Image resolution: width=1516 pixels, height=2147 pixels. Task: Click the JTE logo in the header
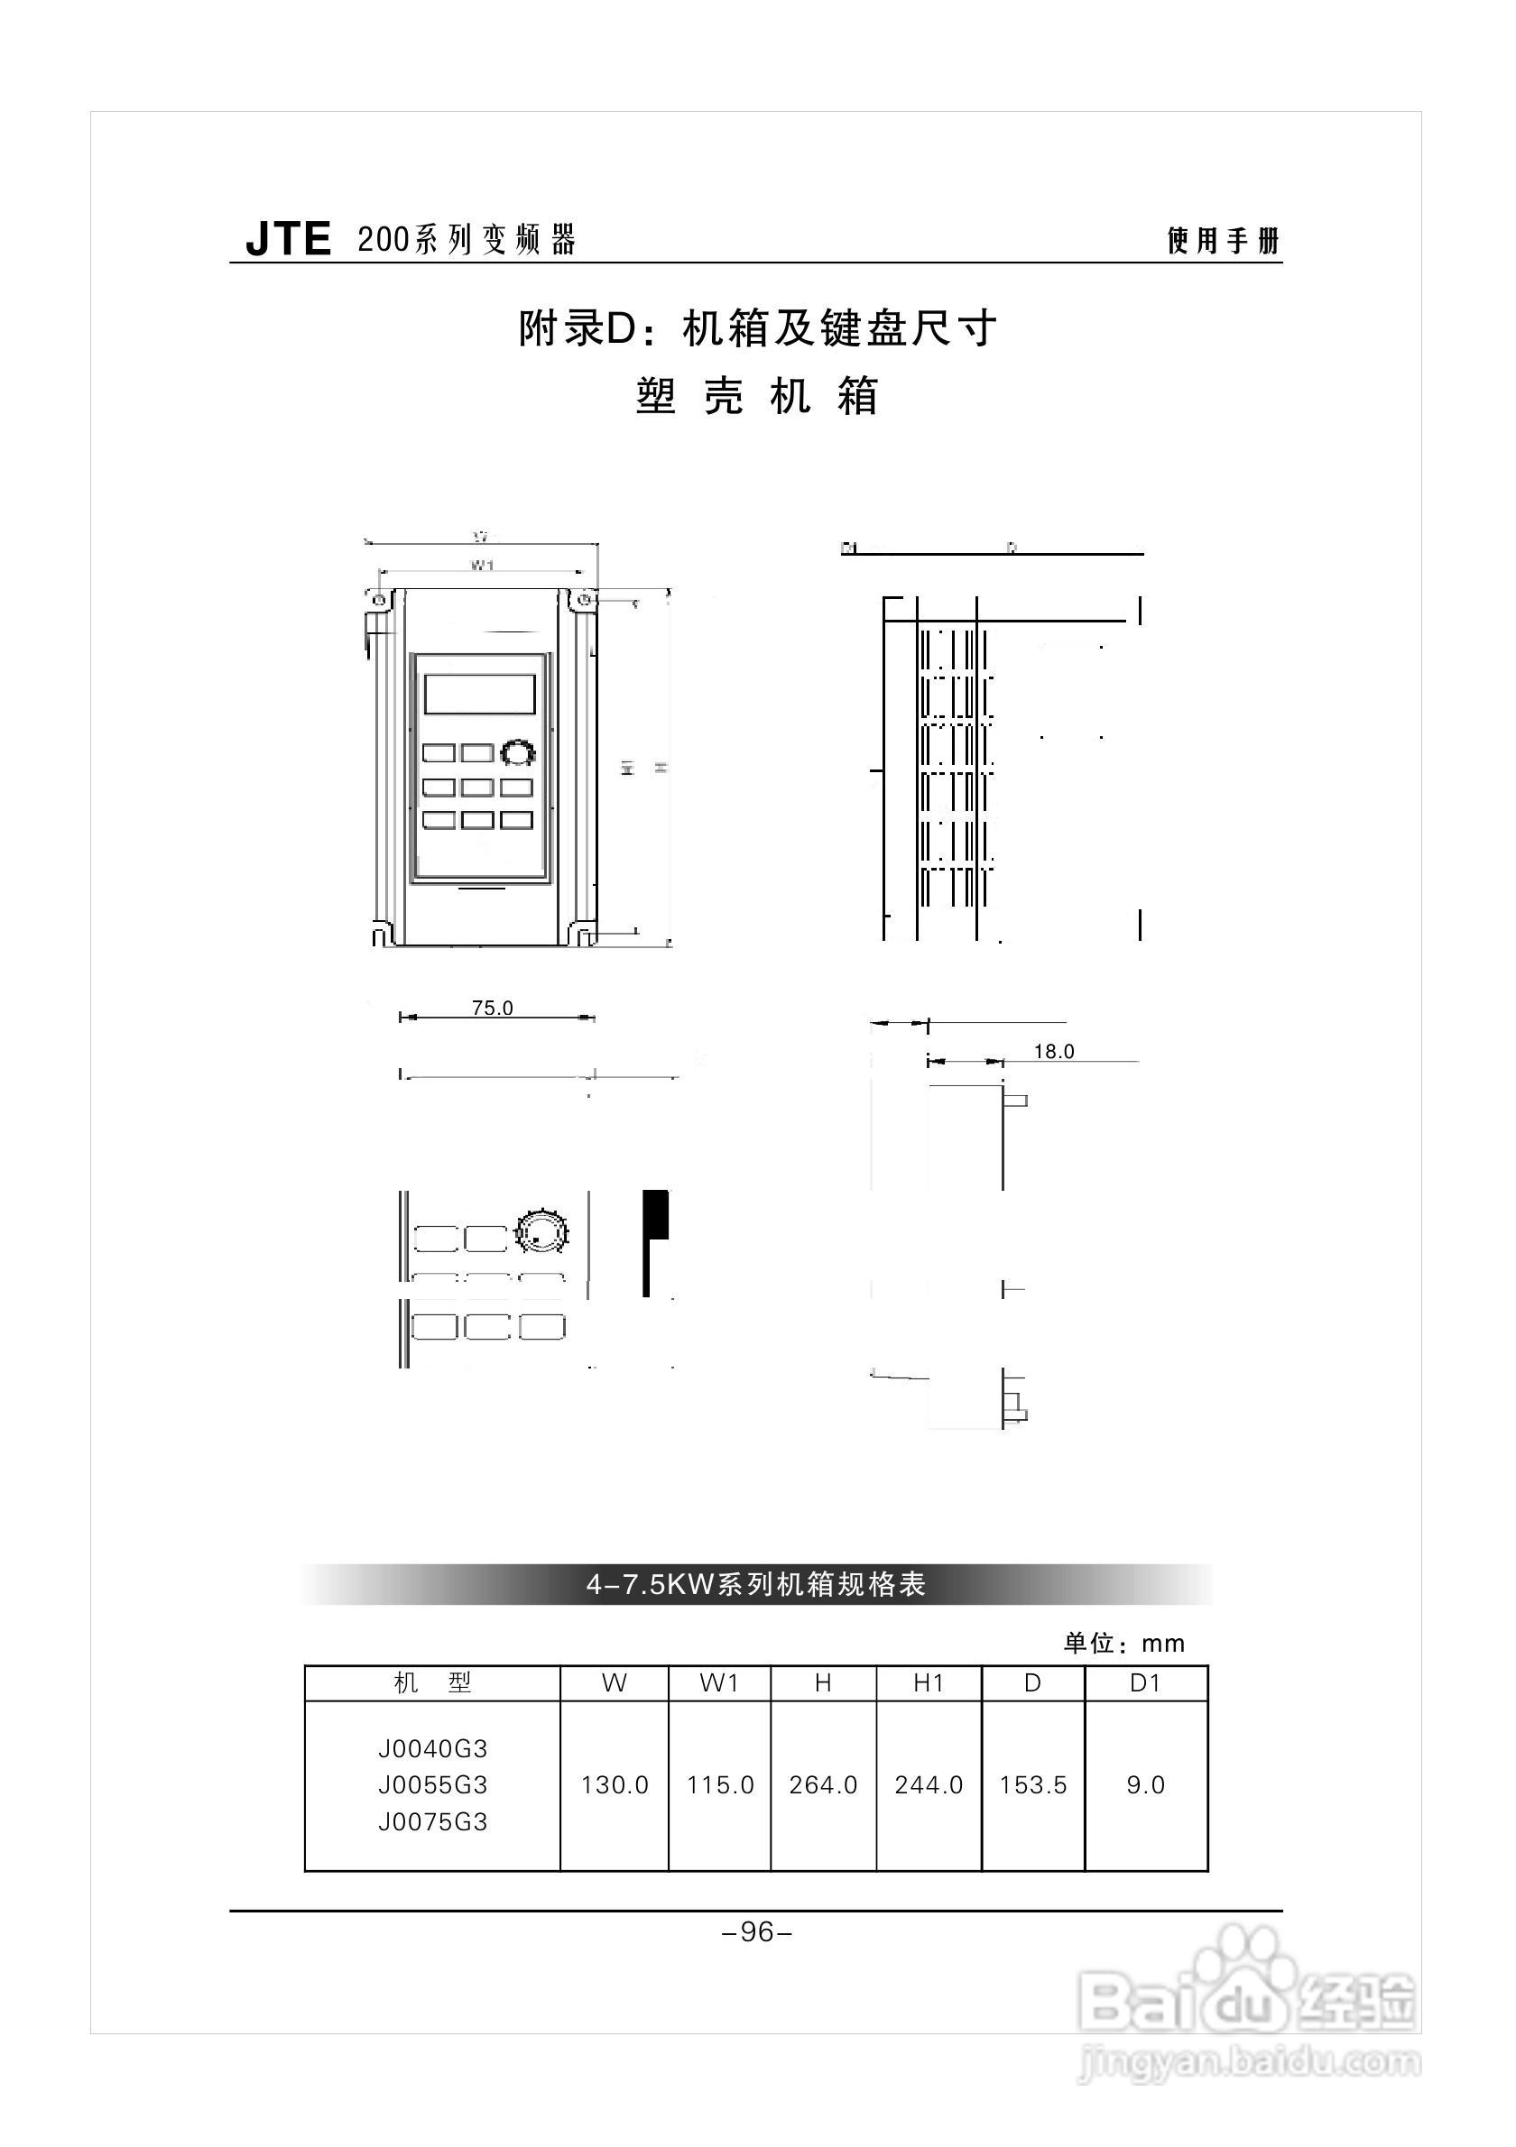pos(288,239)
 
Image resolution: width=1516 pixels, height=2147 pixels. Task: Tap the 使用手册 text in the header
pos(1223,241)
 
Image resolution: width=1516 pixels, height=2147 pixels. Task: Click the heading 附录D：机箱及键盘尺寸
pos(757,328)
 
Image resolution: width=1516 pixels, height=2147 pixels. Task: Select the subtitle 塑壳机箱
pos(757,395)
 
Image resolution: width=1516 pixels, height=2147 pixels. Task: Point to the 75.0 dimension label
pos(492,1008)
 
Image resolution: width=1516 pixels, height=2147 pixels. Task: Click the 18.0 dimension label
pos(1054,1052)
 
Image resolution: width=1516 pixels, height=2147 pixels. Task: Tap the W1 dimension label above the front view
pos(482,565)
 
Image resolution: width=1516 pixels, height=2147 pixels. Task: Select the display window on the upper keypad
pos(480,694)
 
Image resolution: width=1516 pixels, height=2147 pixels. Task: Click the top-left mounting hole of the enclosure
pos(378,599)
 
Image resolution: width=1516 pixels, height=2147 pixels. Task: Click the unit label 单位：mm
pos(1123,1643)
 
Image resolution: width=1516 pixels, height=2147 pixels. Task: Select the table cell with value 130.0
pos(615,1785)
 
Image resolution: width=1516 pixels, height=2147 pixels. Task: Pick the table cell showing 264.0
pos(823,1785)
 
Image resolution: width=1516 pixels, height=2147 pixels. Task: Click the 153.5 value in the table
pos(1032,1785)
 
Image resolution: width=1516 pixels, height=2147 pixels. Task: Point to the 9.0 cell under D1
pos(1146,1785)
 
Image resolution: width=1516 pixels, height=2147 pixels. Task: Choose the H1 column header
pos(929,1683)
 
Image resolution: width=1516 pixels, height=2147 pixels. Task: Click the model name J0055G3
pos(433,1785)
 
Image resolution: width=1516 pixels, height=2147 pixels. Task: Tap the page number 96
pos(756,1932)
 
